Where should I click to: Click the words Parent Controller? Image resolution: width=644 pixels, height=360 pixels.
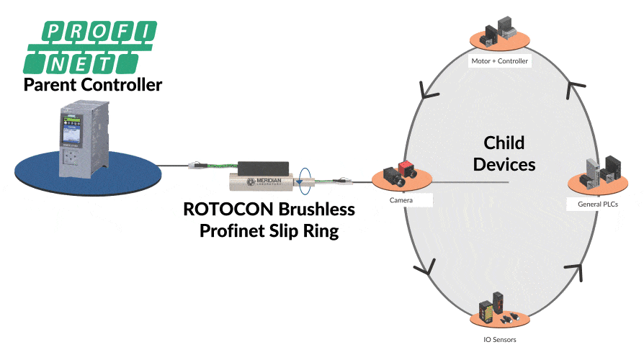click(92, 84)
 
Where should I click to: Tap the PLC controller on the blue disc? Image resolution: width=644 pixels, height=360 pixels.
click(80, 137)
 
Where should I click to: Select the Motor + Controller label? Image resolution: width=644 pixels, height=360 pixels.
click(500, 61)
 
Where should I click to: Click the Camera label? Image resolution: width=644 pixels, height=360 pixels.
click(401, 199)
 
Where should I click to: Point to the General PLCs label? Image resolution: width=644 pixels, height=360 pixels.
click(597, 204)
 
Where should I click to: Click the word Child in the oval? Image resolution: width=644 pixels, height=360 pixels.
click(504, 142)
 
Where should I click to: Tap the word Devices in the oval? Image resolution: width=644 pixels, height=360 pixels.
click(504, 164)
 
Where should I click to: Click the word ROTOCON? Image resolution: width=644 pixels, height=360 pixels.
click(225, 210)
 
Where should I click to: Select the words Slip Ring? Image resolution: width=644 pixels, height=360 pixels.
click(308, 231)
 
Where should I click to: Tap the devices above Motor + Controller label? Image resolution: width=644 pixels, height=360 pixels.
click(500, 28)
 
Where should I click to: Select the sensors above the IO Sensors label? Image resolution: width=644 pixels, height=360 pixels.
click(497, 306)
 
